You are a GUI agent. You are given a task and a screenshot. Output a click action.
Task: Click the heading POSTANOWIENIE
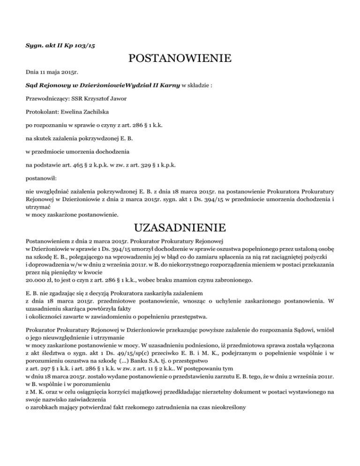tap(180, 59)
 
